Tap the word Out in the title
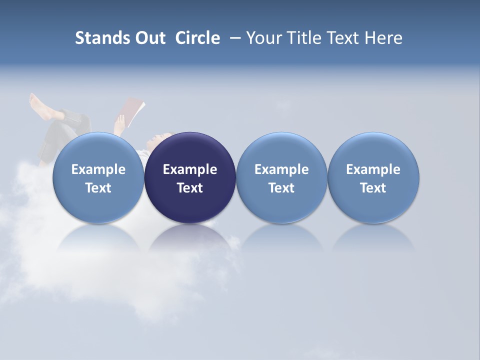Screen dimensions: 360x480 pos(148,38)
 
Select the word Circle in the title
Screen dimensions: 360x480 pos(197,38)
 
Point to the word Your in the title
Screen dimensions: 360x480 pos(263,38)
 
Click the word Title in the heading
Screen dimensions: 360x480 pos(305,38)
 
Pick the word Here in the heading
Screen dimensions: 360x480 pos(383,38)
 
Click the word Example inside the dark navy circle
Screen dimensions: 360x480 pos(190,169)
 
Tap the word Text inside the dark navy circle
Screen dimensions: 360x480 pos(190,188)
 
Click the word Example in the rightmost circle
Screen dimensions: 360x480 pos(373,169)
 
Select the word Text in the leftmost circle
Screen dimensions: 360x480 pos(98,188)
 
